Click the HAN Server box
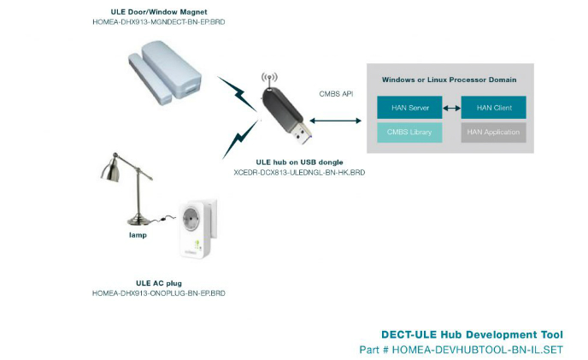coord(409,108)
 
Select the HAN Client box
coord(493,108)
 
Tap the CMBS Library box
coord(409,133)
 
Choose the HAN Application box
coord(493,133)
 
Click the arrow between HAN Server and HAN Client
coord(450,108)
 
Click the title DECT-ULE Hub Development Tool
coord(472,334)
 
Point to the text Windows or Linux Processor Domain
coord(449,80)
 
